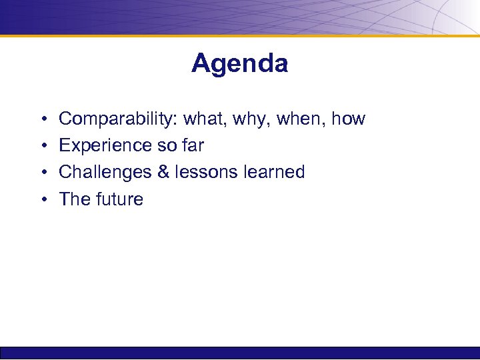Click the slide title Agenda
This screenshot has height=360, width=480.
coord(239,64)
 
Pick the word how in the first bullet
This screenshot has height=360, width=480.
coord(349,119)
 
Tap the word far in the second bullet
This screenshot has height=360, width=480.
coord(191,146)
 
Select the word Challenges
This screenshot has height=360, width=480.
coord(105,173)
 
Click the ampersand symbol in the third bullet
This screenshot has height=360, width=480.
coord(163,173)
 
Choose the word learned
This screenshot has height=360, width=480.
coord(274,173)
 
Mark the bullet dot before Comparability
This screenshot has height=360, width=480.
coord(42,120)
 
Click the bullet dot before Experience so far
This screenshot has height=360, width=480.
coord(42,147)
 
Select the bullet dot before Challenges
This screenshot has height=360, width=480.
coord(42,173)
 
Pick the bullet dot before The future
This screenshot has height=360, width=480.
coord(42,200)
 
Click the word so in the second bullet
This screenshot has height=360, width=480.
coord(163,146)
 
